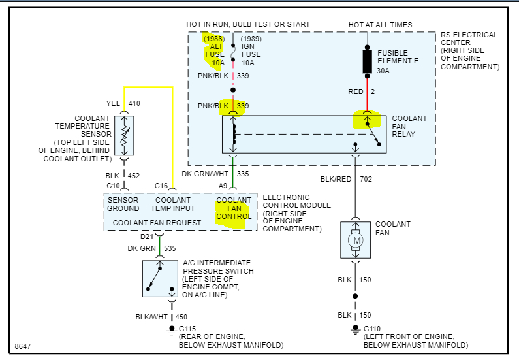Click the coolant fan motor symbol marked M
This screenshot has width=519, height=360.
tap(356, 240)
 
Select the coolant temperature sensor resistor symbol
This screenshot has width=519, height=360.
tap(124, 136)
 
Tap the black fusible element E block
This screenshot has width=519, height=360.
tap(368, 61)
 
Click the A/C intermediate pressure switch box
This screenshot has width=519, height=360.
tap(161, 279)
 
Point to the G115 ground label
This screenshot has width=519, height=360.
tap(189, 329)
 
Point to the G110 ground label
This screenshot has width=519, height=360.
tap(372, 329)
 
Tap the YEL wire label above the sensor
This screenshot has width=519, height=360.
tap(113, 103)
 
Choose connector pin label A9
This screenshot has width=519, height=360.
tap(223, 186)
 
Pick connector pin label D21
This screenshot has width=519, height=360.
tap(147, 236)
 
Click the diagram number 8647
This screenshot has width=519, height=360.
tap(22, 345)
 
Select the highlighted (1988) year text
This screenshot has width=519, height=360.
tap(214, 39)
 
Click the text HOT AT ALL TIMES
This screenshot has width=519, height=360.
tap(380, 25)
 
